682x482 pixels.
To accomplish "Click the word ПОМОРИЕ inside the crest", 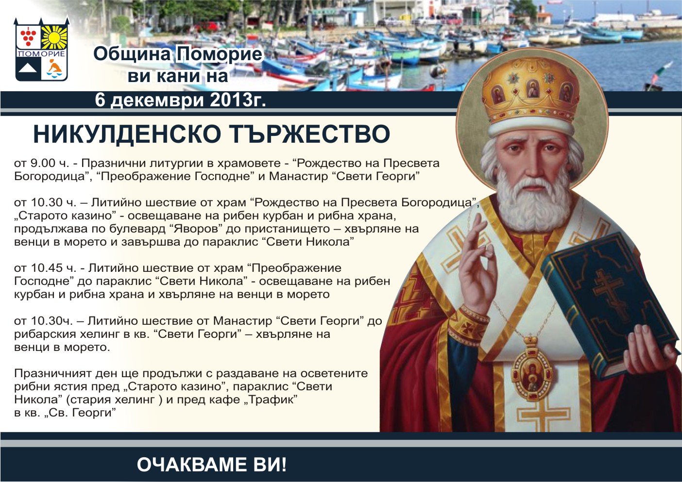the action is (x=42, y=54).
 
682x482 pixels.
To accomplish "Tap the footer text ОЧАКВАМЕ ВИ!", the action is (x=212, y=465).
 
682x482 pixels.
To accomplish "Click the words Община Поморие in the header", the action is (x=178, y=54).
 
